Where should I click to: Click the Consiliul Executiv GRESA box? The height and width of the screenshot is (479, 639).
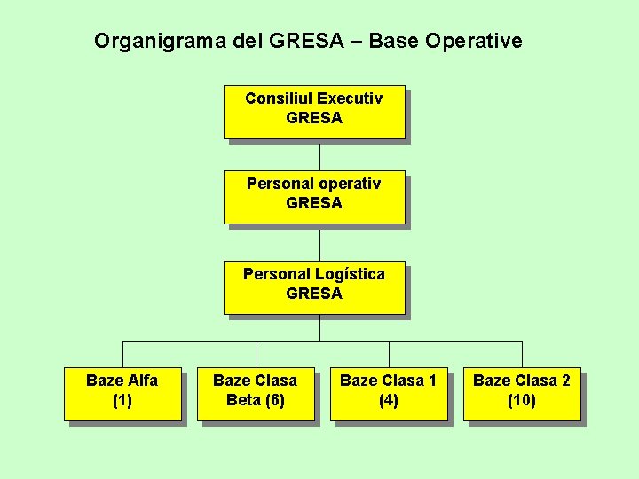click(x=314, y=112)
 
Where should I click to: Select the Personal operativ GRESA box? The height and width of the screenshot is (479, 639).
click(x=314, y=197)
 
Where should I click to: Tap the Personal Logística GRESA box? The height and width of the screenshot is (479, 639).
click(x=314, y=287)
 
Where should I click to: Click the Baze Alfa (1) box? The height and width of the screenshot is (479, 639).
click(x=122, y=394)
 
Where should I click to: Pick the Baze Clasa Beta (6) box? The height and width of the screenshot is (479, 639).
click(x=256, y=394)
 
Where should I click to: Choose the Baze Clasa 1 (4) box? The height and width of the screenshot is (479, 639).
click(x=389, y=394)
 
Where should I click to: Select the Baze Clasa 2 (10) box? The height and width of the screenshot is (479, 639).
click(x=522, y=394)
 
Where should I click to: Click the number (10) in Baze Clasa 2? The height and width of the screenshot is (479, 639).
click(x=522, y=401)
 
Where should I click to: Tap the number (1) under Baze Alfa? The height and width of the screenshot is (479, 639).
click(x=122, y=401)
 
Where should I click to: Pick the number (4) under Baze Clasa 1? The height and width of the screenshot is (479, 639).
click(x=389, y=401)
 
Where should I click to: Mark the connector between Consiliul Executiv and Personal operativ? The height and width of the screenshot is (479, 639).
click(x=319, y=155)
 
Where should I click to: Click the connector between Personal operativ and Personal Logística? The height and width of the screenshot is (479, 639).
click(x=319, y=243)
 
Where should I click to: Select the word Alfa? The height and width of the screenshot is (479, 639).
click(x=142, y=381)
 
